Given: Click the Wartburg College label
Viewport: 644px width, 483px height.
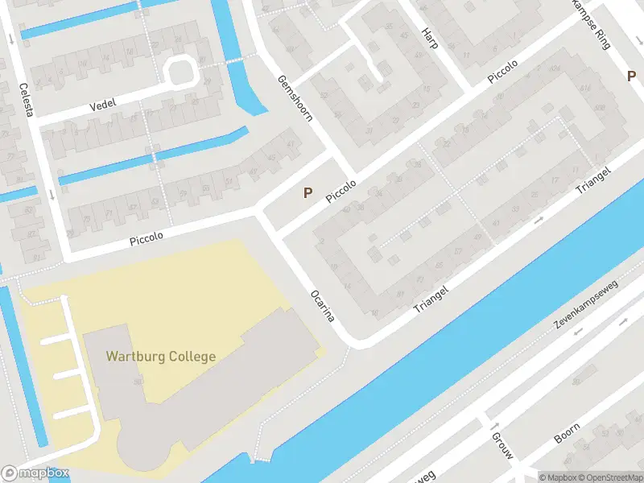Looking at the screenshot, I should point(160,356).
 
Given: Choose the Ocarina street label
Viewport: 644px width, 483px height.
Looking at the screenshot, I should point(321,305).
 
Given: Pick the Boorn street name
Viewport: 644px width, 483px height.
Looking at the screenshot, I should point(567,434).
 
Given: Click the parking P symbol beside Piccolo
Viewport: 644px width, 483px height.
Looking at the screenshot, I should point(307,192).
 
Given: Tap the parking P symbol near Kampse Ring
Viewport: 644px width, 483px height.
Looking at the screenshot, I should point(632,76).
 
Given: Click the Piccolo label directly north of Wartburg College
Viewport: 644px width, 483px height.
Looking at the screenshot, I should point(147,238).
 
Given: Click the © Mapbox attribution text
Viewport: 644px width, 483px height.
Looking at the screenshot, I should point(557,477).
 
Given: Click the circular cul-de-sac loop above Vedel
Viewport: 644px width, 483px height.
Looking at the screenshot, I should point(180,71).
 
